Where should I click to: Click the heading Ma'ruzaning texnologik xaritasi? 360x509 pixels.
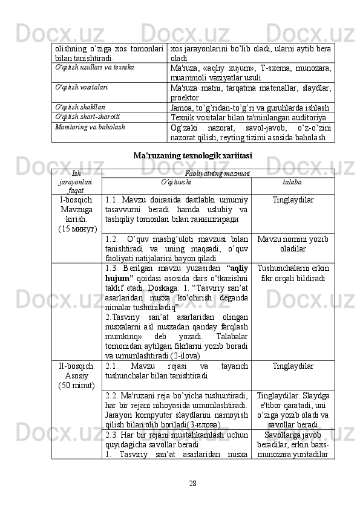(x=192, y=155)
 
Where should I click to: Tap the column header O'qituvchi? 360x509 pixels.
(x=176, y=181)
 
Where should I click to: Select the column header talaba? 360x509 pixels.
(x=293, y=181)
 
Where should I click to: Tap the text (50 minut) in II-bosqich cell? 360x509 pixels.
(x=77, y=385)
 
